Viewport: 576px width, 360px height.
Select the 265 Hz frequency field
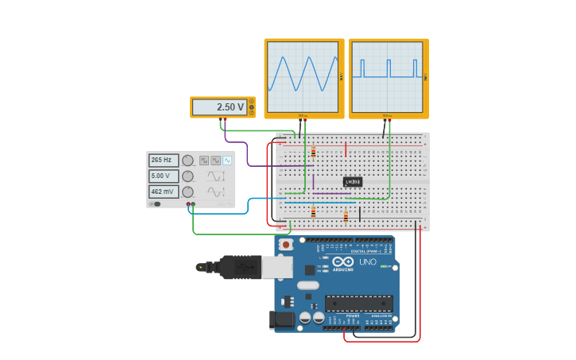point(164,160)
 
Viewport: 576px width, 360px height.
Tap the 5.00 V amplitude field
point(164,176)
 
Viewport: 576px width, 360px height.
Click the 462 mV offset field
point(164,192)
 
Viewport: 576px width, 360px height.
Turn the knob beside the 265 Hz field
point(187,160)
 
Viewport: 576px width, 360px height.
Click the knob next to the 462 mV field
point(187,192)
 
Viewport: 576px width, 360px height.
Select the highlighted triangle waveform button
point(227,160)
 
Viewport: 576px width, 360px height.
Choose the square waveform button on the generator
point(204,160)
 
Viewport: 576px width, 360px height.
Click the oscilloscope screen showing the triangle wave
point(303,77)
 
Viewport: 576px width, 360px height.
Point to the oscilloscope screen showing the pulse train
point(388,77)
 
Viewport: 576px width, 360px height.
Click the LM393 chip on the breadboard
point(353,182)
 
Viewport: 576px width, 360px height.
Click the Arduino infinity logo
point(343,261)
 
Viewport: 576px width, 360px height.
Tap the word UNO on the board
point(368,261)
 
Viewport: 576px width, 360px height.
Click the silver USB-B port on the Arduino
point(277,268)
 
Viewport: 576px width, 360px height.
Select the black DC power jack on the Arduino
point(281,319)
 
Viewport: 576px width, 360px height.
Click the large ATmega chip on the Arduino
point(358,303)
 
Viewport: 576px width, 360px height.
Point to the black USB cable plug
point(239,267)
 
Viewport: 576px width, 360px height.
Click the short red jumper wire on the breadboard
point(346,149)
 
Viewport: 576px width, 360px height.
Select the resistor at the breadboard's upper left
point(313,152)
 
